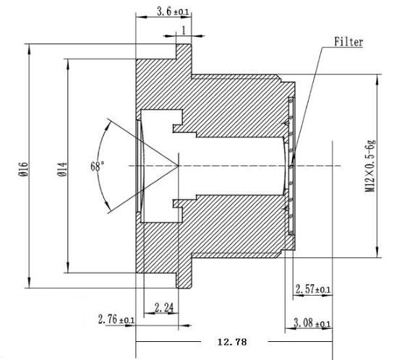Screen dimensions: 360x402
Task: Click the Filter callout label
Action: [x=347, y=42]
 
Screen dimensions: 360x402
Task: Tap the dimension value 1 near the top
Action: [x=184, y=30]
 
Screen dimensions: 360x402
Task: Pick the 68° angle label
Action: [x=97, y=165]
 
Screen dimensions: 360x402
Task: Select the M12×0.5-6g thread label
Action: [x=370, y=166]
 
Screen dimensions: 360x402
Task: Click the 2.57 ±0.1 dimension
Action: [x=313, y=289]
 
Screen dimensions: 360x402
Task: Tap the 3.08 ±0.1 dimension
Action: [x=313, y=323]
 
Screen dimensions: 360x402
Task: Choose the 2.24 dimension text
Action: [x=165, y=307]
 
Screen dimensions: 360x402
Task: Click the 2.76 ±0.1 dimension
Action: [x=116, y=320]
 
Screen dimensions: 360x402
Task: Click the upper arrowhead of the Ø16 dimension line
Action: [x=29, y=47]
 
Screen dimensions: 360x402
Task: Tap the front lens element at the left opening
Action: [x=140, y=166]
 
